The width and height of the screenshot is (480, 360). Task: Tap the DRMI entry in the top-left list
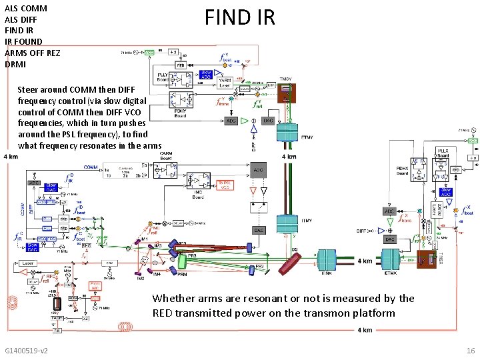tap(15, 64)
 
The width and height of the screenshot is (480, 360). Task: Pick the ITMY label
tap(307, 221)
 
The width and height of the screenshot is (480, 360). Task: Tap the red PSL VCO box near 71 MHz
tap(95, 287)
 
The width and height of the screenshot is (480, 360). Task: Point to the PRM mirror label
tap(181, 274)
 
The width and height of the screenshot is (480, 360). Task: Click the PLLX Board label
tap(442, 152)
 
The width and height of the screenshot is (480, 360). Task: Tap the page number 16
tap(471, 350)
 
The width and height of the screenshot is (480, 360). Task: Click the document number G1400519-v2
tap(27, 350)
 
